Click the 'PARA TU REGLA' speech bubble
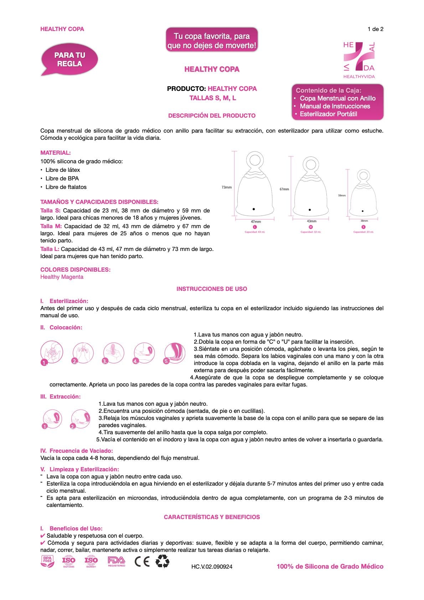click(x=69, y=60)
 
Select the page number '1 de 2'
click(x=375, y=29)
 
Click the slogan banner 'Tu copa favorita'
click(x=212, y=41)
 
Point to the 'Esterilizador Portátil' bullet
click(x=328, y=114)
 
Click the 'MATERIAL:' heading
click(x=56, y=153)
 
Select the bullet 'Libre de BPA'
click(x=62, y=178)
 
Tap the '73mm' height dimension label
click(x=227, y=187)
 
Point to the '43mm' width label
click(x=311, y=221)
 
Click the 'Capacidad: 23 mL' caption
click(x=363, y=232)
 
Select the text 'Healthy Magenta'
click(x=62, y=277)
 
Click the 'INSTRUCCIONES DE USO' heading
click(x=212, y=289)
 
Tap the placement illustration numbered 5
click(x=175, y=353)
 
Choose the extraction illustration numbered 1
click(x=52, y=419)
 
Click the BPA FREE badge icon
click(x=48, y=561)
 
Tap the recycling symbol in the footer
click(x=162, y=561)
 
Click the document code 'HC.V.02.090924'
click(x=212, y=566)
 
